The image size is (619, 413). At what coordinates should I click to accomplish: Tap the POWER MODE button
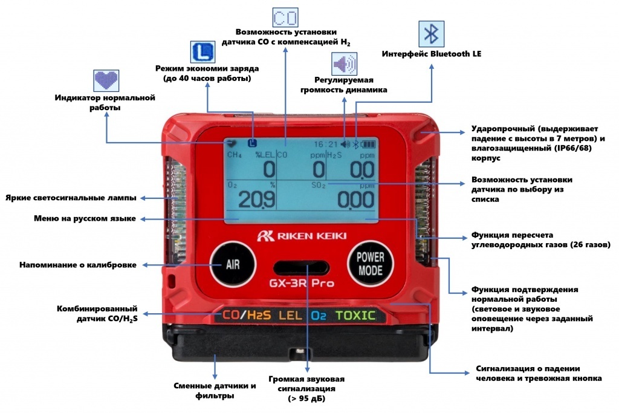click(370, 264)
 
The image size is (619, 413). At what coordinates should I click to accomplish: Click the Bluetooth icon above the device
click(431, 34)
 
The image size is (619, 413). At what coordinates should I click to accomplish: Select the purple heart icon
click(106, 80)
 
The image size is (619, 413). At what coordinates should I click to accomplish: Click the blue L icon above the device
click(203, 52)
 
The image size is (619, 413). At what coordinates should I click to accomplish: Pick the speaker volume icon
click(344, 63)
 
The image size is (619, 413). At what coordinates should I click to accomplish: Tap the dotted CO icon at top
click(285, 18)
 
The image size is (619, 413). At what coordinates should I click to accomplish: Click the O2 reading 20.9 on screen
click(256, 199)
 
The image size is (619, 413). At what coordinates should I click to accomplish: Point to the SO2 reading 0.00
click(355, 199)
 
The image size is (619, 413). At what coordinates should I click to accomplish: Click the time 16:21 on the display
click(326, 144)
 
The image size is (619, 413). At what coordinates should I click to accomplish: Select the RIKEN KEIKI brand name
click(302, 236)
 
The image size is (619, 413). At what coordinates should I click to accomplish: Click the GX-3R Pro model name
click(302, 283)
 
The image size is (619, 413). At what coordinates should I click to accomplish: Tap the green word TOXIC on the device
click(355, 315)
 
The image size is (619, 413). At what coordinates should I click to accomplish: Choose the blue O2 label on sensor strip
click(319, 315)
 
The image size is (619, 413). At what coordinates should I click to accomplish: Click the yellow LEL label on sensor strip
click(290, 315)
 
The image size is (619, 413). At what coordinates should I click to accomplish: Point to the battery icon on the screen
click(368, 145)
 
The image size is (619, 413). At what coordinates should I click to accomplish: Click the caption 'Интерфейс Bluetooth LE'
click(432, 54)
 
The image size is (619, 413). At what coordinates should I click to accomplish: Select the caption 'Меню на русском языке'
click(85, 218)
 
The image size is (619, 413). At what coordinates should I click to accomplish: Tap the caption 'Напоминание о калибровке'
click(78, 265)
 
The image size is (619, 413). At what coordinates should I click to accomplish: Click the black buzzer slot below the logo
click(301, 268)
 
